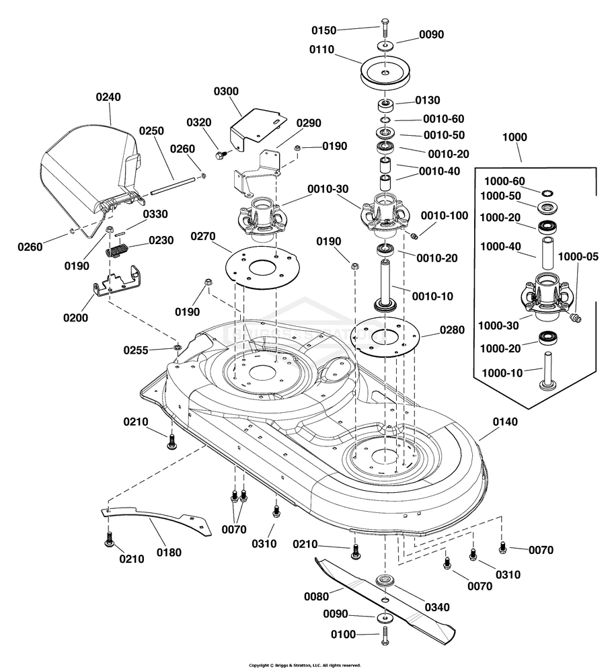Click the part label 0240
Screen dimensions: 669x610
108,97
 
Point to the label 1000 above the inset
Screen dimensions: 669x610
514,136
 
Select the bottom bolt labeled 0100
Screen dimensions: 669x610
384,634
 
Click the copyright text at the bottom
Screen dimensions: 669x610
305,664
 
